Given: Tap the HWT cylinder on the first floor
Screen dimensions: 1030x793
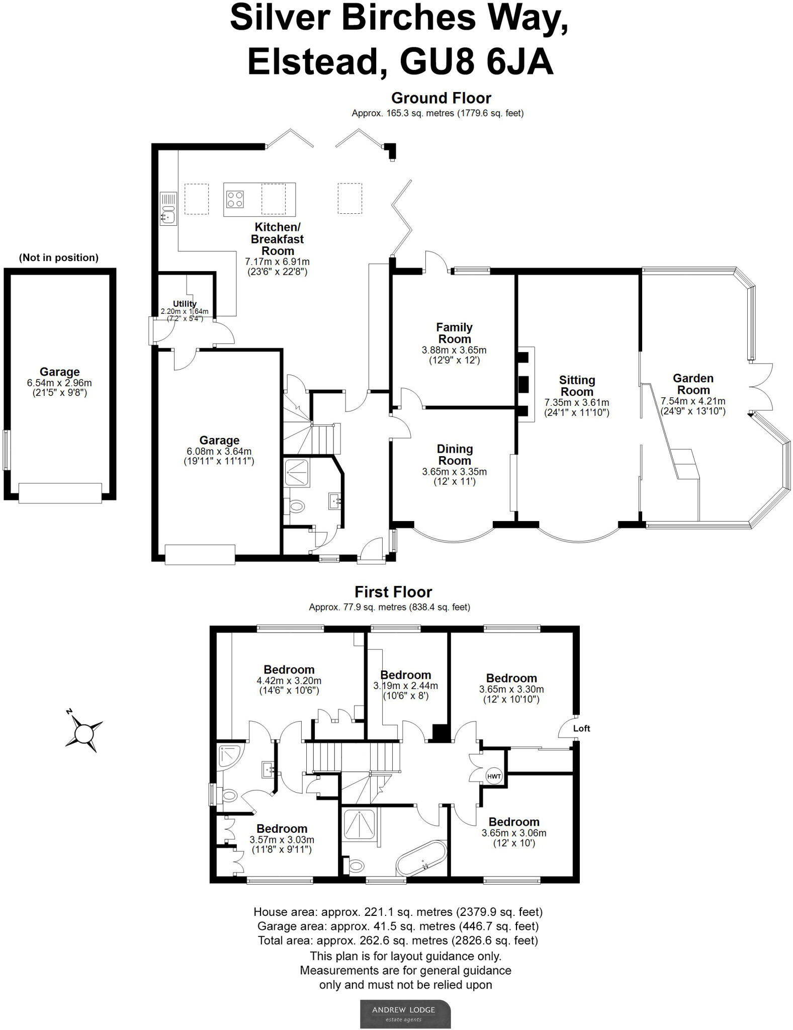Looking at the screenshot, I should (x=493, y=777).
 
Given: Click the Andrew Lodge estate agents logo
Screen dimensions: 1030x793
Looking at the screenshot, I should (x=405, y=1013).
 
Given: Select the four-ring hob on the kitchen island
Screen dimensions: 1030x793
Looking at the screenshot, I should (x=235, y=199).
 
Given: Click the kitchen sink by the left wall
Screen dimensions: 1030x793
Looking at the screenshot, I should (x=168, y=216).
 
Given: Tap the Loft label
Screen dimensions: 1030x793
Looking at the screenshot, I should (x=581, y=728).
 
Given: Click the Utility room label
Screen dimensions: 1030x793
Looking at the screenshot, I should (x=185, y=304).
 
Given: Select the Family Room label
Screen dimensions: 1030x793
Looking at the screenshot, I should (x=454, y=333).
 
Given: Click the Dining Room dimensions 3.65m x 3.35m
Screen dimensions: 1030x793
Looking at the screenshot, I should (x=454, y=472).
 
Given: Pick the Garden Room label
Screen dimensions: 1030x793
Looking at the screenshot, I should (x=693, y=384).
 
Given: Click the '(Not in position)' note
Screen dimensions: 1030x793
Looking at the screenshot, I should (x=59, y=258).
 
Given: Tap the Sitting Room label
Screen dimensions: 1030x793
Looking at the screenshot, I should (x=577, y=386).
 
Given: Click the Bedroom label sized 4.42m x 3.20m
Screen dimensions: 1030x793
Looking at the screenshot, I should (x=289, y=670).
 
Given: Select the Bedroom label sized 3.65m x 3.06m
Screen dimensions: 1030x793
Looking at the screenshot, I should (x=513, y=822).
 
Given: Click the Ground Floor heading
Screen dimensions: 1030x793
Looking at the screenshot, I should (x=441, y=98).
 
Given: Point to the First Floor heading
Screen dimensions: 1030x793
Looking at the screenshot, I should (x=393, y=592).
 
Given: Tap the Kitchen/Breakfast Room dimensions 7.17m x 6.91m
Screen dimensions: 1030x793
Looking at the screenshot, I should (x=277, y=262).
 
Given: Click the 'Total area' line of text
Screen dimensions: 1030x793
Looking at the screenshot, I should (x=397, y=940).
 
